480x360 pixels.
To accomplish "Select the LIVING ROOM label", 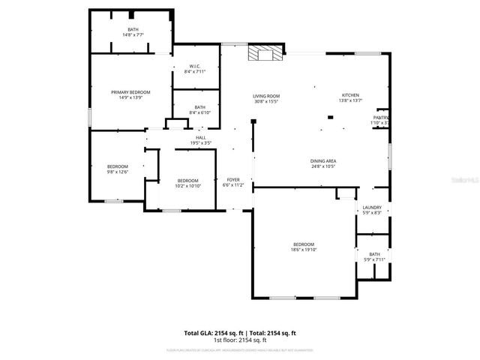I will [x=265, y=96].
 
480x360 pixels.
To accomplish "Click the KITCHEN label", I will [x=350, y=95].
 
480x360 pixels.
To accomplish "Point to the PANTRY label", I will [x=380, y=118].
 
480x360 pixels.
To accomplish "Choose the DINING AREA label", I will [x=322, y=160].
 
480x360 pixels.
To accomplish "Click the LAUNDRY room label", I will [x=372, y=208].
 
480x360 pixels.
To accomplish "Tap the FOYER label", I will [x=233, y=180].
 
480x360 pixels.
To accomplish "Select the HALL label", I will [x=201, y=137].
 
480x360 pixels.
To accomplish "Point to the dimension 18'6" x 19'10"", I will [x=303, y=250].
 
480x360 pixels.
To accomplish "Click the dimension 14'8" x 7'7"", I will [x=133, y=34].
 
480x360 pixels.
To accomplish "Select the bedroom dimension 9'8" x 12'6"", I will [x=118, y=172].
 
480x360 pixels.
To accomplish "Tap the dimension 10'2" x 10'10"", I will [x=187, y=185].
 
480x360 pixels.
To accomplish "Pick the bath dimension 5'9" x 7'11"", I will [x=373, y=259].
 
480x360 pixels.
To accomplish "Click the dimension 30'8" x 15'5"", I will [x=265, y=101].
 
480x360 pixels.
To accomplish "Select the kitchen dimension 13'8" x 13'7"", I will [x=350, y=100].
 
